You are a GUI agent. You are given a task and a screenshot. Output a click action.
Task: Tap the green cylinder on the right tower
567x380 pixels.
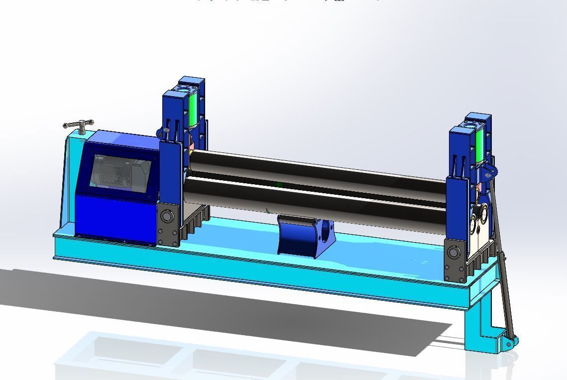(x=479, y=144)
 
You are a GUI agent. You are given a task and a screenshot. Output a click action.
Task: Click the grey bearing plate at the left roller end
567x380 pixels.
(x=168, y=225)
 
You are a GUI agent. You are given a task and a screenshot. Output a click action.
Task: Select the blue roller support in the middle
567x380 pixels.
(x=299, y=236)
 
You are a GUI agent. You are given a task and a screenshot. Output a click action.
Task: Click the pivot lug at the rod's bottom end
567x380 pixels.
(x=509, y=344)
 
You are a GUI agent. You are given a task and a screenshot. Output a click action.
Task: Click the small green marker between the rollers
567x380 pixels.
(x=279, y=185)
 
